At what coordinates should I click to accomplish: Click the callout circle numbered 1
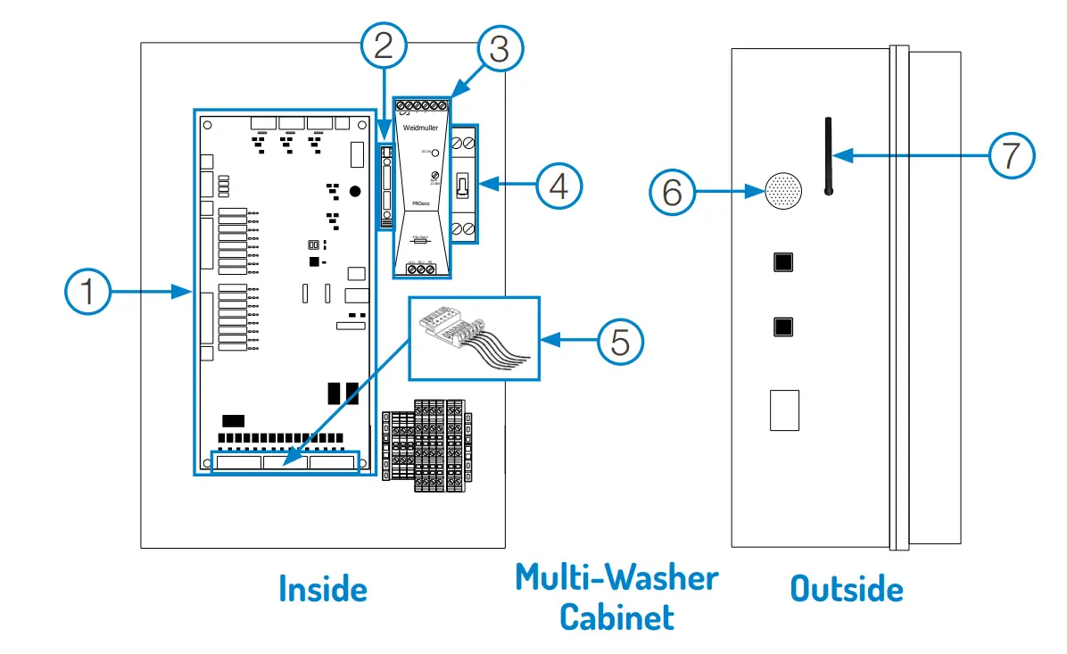coord(88,293)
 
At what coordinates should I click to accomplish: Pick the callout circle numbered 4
coord(559,186)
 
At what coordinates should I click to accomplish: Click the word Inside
coord(322,590)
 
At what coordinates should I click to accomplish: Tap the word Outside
coord(847,590)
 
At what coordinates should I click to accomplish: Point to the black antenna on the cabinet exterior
coord(828,155)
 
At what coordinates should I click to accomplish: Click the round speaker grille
coord(784,190)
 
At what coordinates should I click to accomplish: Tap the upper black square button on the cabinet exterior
coord(784,262)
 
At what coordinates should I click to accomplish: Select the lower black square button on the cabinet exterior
coord(784,326)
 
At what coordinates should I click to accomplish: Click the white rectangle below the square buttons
coord(784,410)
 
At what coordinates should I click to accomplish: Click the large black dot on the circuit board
coord(355,191)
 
